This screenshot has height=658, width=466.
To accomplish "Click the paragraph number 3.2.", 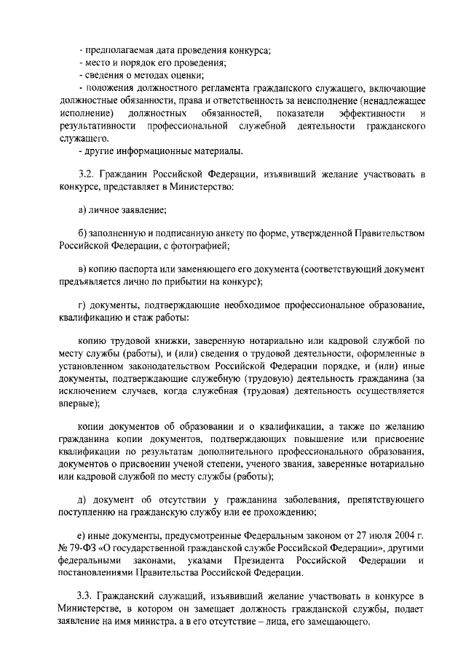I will (86, 176).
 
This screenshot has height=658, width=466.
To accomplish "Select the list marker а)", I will (83, 210).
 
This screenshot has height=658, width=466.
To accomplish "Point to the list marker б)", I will (83, 233).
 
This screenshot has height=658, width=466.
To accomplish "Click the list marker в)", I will (83, 268).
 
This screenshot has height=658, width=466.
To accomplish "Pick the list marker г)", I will (82, 305).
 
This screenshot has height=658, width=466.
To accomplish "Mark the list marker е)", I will (83, 535).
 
